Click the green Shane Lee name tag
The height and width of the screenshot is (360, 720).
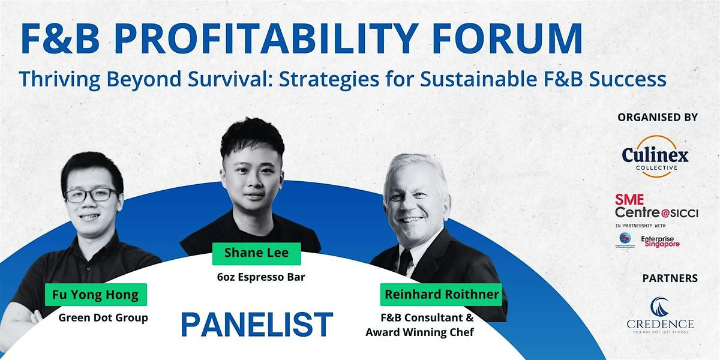click(256, 253)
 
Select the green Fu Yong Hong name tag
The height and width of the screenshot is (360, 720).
click(96, 295)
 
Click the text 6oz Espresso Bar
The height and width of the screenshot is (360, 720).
click(256, 277)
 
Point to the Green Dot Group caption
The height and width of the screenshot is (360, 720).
click(103, 317)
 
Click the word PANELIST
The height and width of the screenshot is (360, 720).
click(256, 325)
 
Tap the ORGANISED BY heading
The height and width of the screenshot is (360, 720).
click(658, 118)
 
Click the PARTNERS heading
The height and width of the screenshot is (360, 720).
click(670, 278)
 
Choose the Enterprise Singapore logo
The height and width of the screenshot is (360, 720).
click(660, 241)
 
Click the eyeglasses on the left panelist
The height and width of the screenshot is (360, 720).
click(91, 195)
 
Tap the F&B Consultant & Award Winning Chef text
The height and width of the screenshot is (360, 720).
click(420, 325)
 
